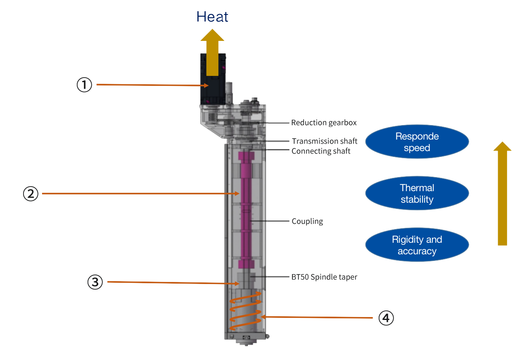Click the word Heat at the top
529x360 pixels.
[x=212, y=17]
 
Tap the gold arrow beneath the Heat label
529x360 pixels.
[x=212, y=52]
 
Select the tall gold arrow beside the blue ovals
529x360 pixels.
[x=502, y=194]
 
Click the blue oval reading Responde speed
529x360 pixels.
[x=417, y=142]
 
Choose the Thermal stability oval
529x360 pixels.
[x=417, y=193]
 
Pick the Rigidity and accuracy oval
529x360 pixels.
[x=417, y=245]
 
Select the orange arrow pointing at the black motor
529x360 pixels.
[x=153, y=85]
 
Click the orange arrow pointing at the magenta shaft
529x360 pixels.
[x=140, y=193]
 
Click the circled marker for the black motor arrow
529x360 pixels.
[x=84, y=85]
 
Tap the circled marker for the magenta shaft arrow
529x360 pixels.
[x=31, y=193]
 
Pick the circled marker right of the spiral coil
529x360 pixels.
[x=386, y=318]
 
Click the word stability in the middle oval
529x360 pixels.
[x=417, y=199]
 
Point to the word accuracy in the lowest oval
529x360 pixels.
[x=417, y=251]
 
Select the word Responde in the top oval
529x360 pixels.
[x=417, y=136]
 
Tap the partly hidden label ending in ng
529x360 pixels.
[x=308, y=221]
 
